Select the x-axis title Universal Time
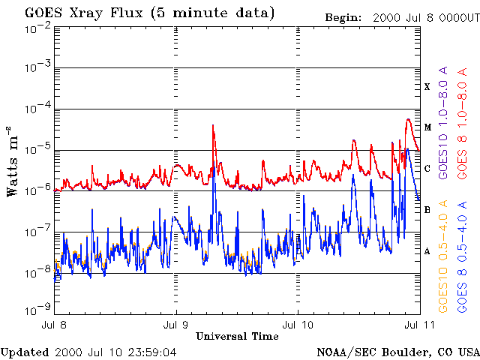tap(237, 336)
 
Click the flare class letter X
tap(427, 87)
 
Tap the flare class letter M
tap(427, 127)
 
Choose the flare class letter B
tap(427, 210)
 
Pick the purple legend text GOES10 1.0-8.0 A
tap(443, 121)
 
